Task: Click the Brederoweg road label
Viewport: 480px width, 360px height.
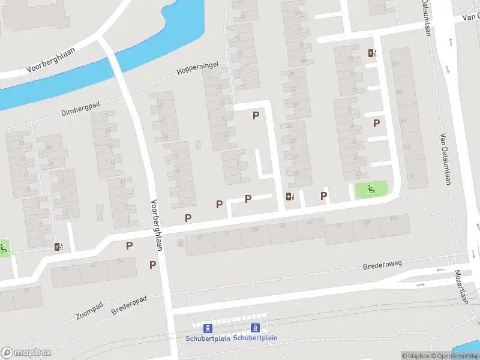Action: click(383, 265)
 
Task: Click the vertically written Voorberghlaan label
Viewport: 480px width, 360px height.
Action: click(159, 221)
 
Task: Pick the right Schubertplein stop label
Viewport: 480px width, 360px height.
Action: click(255, 338)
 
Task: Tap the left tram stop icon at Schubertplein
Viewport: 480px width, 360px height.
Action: click(208, 328)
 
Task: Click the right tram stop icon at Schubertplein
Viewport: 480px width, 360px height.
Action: click(255, 328)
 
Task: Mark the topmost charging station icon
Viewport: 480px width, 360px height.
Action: click(372, 53)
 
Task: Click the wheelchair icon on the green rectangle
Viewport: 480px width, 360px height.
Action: click(371, 190)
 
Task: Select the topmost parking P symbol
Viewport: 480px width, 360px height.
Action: click(256, 116)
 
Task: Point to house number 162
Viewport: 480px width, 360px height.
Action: click(400, 92)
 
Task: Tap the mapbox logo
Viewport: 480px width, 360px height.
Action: click(26, 353)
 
